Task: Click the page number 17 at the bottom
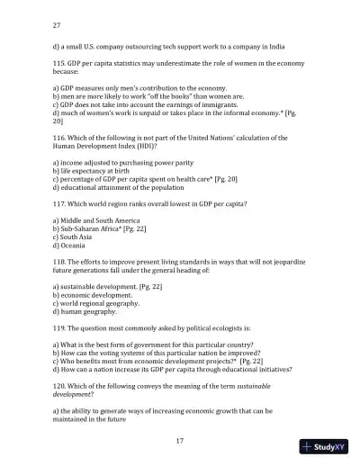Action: point(180,440)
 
